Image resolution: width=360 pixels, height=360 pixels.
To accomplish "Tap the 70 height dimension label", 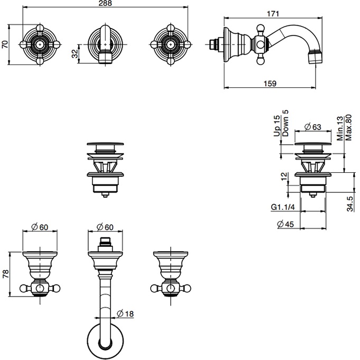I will pyautogui.click(x=5, y=44).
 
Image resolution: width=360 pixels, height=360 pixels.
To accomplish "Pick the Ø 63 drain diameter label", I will pyautogui.click(x=315, y=127).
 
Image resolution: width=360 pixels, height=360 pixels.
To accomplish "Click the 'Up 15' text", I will pyautogui.click(x=276, y=126).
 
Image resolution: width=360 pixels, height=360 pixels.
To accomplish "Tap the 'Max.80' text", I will pyautogui.click(x=348, y=127).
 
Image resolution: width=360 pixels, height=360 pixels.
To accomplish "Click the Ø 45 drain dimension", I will pyautogui.click(x=286, y=225).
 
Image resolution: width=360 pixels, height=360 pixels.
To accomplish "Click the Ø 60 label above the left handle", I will pyautogui.click(x=40, y=227).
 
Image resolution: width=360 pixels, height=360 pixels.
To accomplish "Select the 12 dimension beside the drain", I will pyautogui.click(x=284, y=176).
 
